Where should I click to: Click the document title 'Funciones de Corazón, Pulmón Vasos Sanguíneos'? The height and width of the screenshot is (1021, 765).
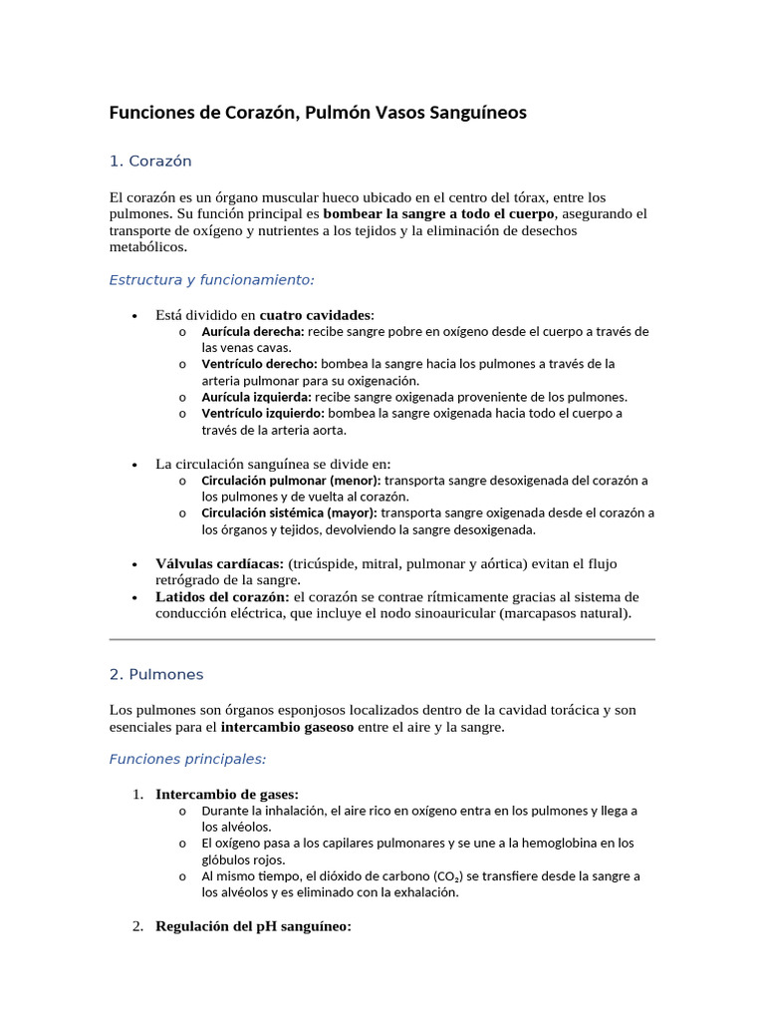(318, 113)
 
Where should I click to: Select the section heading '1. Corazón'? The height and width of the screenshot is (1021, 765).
(150, 161)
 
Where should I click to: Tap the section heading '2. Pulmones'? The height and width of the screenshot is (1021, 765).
(155, 674)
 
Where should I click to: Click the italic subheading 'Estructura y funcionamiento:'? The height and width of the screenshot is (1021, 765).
(211, 280)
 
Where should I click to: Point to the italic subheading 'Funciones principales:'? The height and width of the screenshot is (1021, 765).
(187, 759)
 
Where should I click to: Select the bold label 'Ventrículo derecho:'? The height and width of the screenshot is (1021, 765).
(259, 364)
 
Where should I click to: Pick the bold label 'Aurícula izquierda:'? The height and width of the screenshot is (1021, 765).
(256, 397)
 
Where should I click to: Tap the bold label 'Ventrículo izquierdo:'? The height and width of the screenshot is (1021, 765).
(263, 413)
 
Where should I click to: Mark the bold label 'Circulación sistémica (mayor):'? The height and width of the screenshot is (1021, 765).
(289, 512)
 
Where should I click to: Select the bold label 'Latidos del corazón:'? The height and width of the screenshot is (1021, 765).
(222, 596)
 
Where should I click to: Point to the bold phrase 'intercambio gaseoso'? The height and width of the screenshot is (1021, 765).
(287, 727)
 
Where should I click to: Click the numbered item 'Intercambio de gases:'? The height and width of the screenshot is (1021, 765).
(227, 794)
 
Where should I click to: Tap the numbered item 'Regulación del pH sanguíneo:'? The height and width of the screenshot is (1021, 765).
(253, 926)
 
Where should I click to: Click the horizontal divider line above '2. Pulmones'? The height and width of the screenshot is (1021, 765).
(382, 639)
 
